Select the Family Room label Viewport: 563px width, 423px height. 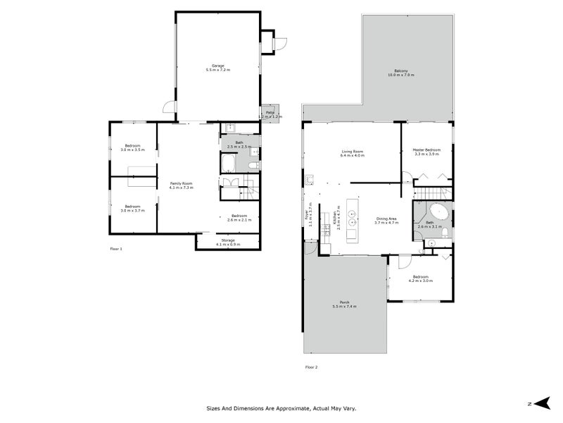(181, 185)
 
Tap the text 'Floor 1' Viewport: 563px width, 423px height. (116, 249)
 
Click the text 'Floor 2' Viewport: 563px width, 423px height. (311, 367)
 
